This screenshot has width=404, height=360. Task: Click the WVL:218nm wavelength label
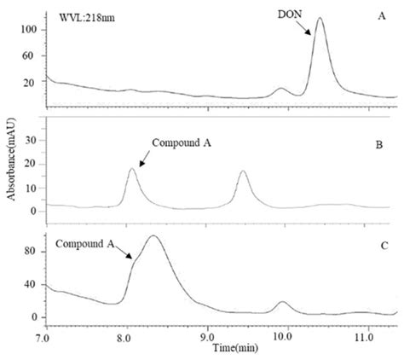coord(84,16)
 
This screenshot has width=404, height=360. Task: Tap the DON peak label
coord(289,15)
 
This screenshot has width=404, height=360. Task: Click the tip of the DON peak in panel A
coord(320,18)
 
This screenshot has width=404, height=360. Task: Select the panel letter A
coord(381,15)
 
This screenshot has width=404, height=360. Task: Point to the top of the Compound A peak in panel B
coord(132,169)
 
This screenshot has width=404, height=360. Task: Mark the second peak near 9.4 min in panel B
coord(243,172)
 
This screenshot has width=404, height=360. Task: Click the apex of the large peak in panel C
coord(153,236)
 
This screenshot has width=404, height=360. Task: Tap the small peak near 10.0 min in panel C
coord(283,302)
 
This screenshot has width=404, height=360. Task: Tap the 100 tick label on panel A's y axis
coord(28,30)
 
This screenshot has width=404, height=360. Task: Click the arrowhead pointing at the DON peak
coord(311,35)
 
